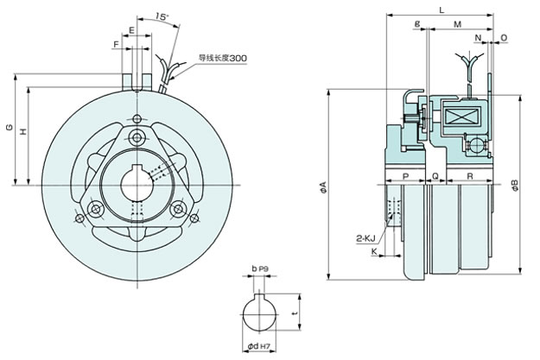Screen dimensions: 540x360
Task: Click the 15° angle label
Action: tap(162, 16)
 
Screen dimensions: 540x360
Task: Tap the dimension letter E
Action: tap(131, 30)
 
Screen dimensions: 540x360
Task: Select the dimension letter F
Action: tap(117, 44)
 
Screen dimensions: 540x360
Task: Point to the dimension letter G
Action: tap(10, 127)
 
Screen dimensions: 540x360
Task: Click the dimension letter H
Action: tap(23, 131)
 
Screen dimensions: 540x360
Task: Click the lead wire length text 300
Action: tap(238, 58)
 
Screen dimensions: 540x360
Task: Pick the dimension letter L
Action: tap(442, 10)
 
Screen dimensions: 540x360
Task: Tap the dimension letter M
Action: tap(457, 24)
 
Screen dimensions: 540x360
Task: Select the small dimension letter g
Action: tap(417, 24)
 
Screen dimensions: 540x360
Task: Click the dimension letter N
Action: tap(478, 37)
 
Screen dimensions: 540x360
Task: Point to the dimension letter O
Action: tap(504, 37)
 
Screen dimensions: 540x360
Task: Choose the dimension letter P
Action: tap(406, 176)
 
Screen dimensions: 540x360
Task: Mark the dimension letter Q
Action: tap(435, 176)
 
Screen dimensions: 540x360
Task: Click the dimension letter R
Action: tap(470, 176)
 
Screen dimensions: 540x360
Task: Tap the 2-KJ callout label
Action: tap(365, 238)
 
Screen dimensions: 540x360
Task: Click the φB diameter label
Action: tap(515, 185)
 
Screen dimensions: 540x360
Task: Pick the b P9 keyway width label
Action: tap(260, 268)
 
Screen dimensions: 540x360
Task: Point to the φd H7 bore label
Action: tap(258, 346)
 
